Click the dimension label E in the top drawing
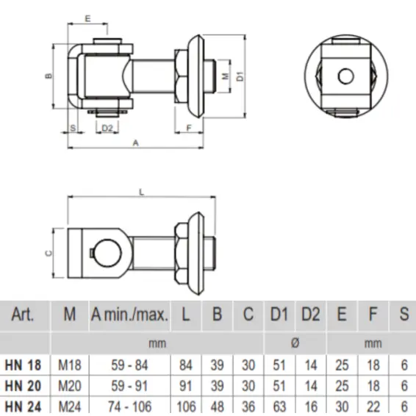click(88, 16)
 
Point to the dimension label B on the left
click(47, 76)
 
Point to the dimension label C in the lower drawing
click(48, 253)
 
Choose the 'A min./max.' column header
click(130, 315)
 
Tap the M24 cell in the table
click(69, 405)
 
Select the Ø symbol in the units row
click(294, 343)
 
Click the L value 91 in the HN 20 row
click(186, 385)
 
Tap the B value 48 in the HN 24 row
click(218, 405)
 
